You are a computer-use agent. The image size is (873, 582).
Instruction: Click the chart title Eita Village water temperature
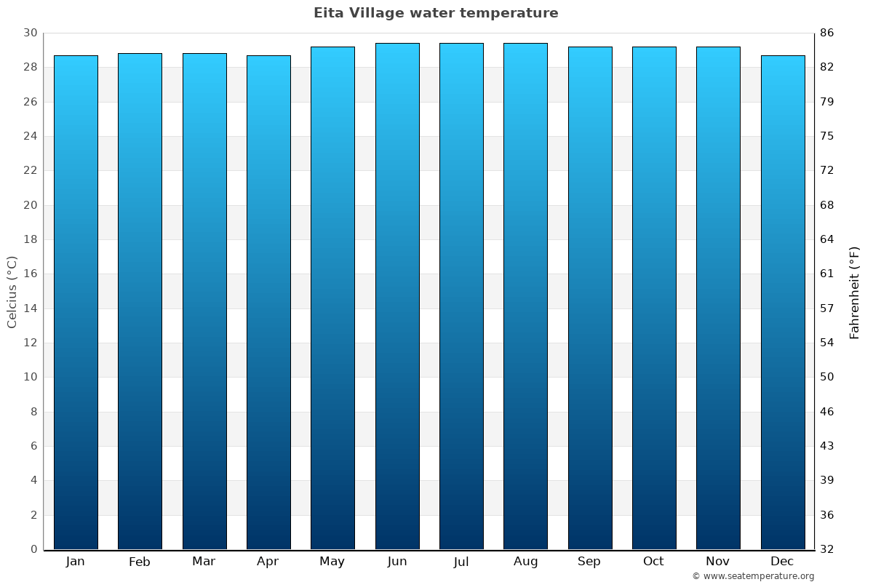(x=436, y=13)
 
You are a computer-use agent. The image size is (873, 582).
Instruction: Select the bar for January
(x=76, y=302)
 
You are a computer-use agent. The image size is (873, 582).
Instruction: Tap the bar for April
(x=268, y=302)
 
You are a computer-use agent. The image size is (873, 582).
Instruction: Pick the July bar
(x=461, y=296)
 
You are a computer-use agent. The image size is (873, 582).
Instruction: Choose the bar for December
(x=783, y=302)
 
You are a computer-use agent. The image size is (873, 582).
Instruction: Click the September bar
(x=590, y=298)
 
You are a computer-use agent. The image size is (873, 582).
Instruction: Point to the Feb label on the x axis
(x=140, y=562)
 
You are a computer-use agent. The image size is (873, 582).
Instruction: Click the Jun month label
(x=397, y=562)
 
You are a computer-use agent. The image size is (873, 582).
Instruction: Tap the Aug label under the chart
(x=525, y=562)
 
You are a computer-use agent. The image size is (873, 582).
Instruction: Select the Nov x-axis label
(x=718, y=562)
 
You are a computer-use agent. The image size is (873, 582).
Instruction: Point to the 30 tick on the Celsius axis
(x=30, y=33)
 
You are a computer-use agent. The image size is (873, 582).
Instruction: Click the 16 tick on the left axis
(x=30, y=274)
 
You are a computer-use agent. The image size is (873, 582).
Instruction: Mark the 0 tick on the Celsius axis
(x=33, y=549)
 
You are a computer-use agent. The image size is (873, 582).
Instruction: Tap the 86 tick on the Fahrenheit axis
(x=827, y=33)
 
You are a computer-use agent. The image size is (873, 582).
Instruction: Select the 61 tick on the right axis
(x=827, y=274)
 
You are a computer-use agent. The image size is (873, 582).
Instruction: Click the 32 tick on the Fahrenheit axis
(x=827, y=549)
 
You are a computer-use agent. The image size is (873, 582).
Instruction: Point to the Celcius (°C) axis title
(x=12, y=292)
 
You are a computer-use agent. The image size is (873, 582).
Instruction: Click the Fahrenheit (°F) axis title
(x=855, y=292)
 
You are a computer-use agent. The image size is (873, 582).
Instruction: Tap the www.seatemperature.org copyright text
(x=753, y=576)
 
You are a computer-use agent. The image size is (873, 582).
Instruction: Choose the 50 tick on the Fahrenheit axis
(x=827, y=377)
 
